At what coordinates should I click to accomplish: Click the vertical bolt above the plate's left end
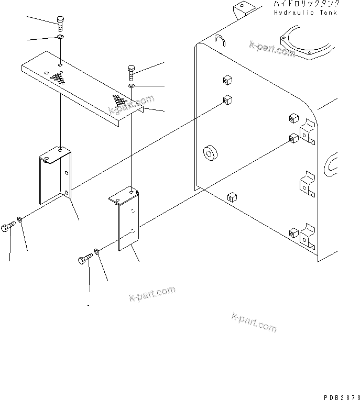coord(60,24)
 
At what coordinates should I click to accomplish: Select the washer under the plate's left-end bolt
coord(61,37)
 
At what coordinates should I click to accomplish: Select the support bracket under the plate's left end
coord(55,176)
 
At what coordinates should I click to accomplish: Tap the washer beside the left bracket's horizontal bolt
coord(20,218)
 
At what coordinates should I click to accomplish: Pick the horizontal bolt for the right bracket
coord(85,259)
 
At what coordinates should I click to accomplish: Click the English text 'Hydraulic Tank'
coord(301,13)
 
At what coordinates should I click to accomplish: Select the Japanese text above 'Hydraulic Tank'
coord(301,4)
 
